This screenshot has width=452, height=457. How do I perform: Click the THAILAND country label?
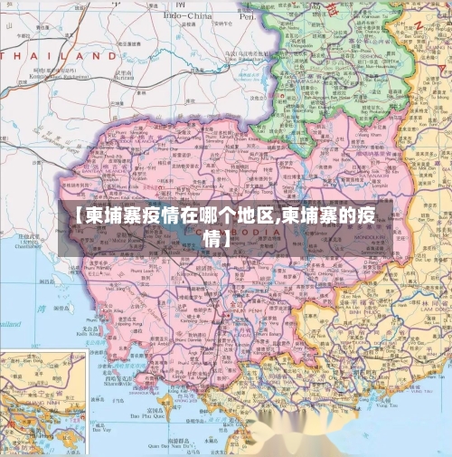pyautogui.click(x=60, y=55)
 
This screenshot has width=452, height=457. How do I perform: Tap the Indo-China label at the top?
pyautogui.click(x=187, y=15)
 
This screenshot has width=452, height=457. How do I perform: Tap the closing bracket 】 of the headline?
pyautogui.click(x=226, y=240)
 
